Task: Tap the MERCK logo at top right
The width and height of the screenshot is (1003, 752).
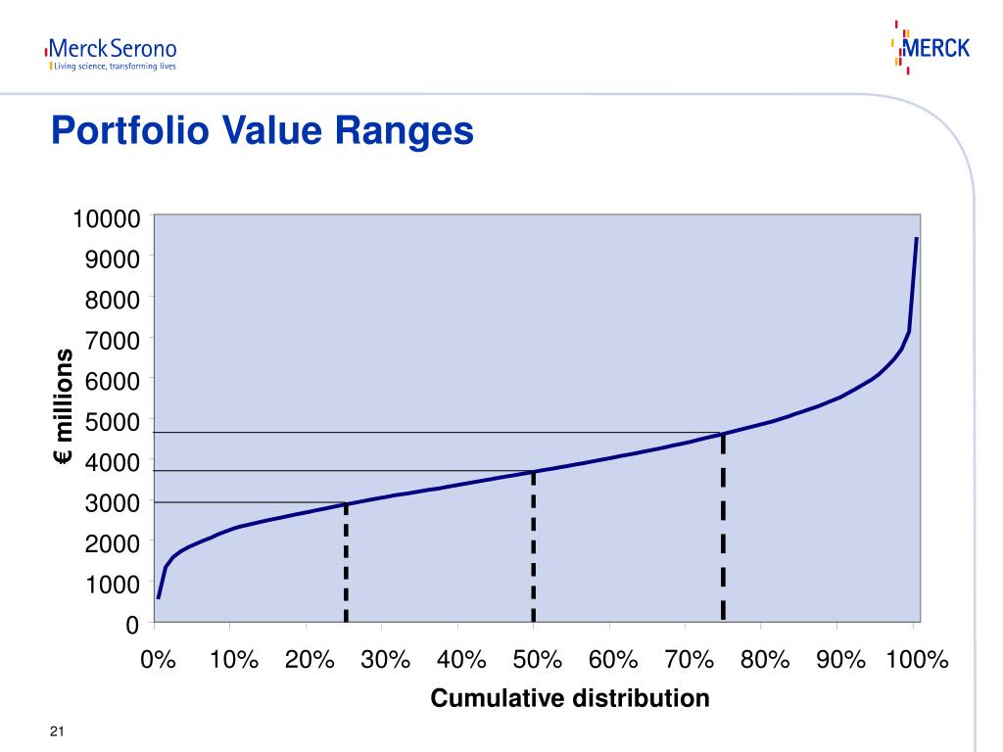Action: (931, 47)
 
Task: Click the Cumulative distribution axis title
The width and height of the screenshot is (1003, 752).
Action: (569, 698)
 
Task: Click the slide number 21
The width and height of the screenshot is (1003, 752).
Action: (57, 732)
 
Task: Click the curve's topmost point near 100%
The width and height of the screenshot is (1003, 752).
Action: (916, 238)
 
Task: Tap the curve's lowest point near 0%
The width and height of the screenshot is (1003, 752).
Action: (159, 597)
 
